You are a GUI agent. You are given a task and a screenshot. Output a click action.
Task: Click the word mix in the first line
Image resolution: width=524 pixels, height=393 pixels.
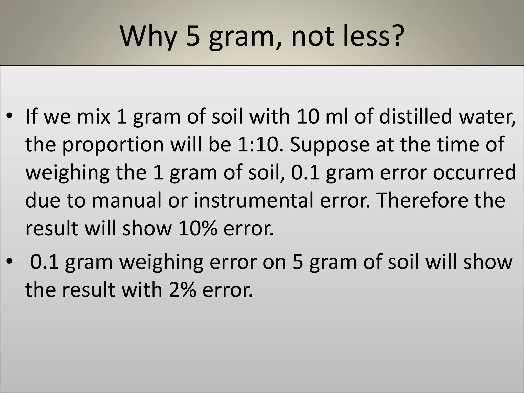pos(93,116)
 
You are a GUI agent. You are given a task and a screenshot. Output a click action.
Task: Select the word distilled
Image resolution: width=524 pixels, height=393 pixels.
pos(416,116)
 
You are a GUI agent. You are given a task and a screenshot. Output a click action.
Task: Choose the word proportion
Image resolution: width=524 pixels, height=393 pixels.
pos(113,145)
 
